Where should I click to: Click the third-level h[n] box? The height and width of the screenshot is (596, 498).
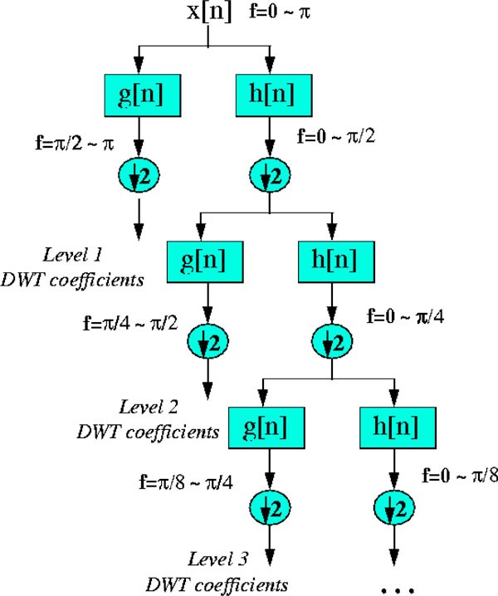coord(395,428)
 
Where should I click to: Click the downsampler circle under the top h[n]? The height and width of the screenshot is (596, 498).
coord(271,175)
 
